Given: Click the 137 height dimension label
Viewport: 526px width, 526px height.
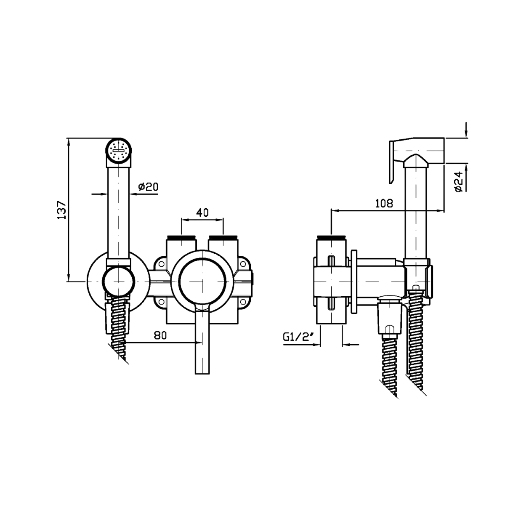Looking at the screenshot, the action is [x=62, y=210].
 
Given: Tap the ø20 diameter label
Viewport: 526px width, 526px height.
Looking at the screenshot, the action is [x=148, y=187].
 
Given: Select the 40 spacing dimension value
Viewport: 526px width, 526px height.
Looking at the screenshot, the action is [x=202, y=213].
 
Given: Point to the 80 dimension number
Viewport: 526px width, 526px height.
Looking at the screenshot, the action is [x=160, y=335].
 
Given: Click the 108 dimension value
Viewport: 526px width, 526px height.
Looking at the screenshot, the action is [x=384, y=203].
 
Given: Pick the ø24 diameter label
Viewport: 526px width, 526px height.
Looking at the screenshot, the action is [x=459, y=181].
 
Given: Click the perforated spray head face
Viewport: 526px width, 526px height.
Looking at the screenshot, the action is [x=119, y=151].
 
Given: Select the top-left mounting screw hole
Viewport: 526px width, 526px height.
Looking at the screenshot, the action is [x=161, y=264].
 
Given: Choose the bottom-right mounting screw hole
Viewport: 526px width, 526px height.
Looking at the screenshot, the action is [x=242, y=302].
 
